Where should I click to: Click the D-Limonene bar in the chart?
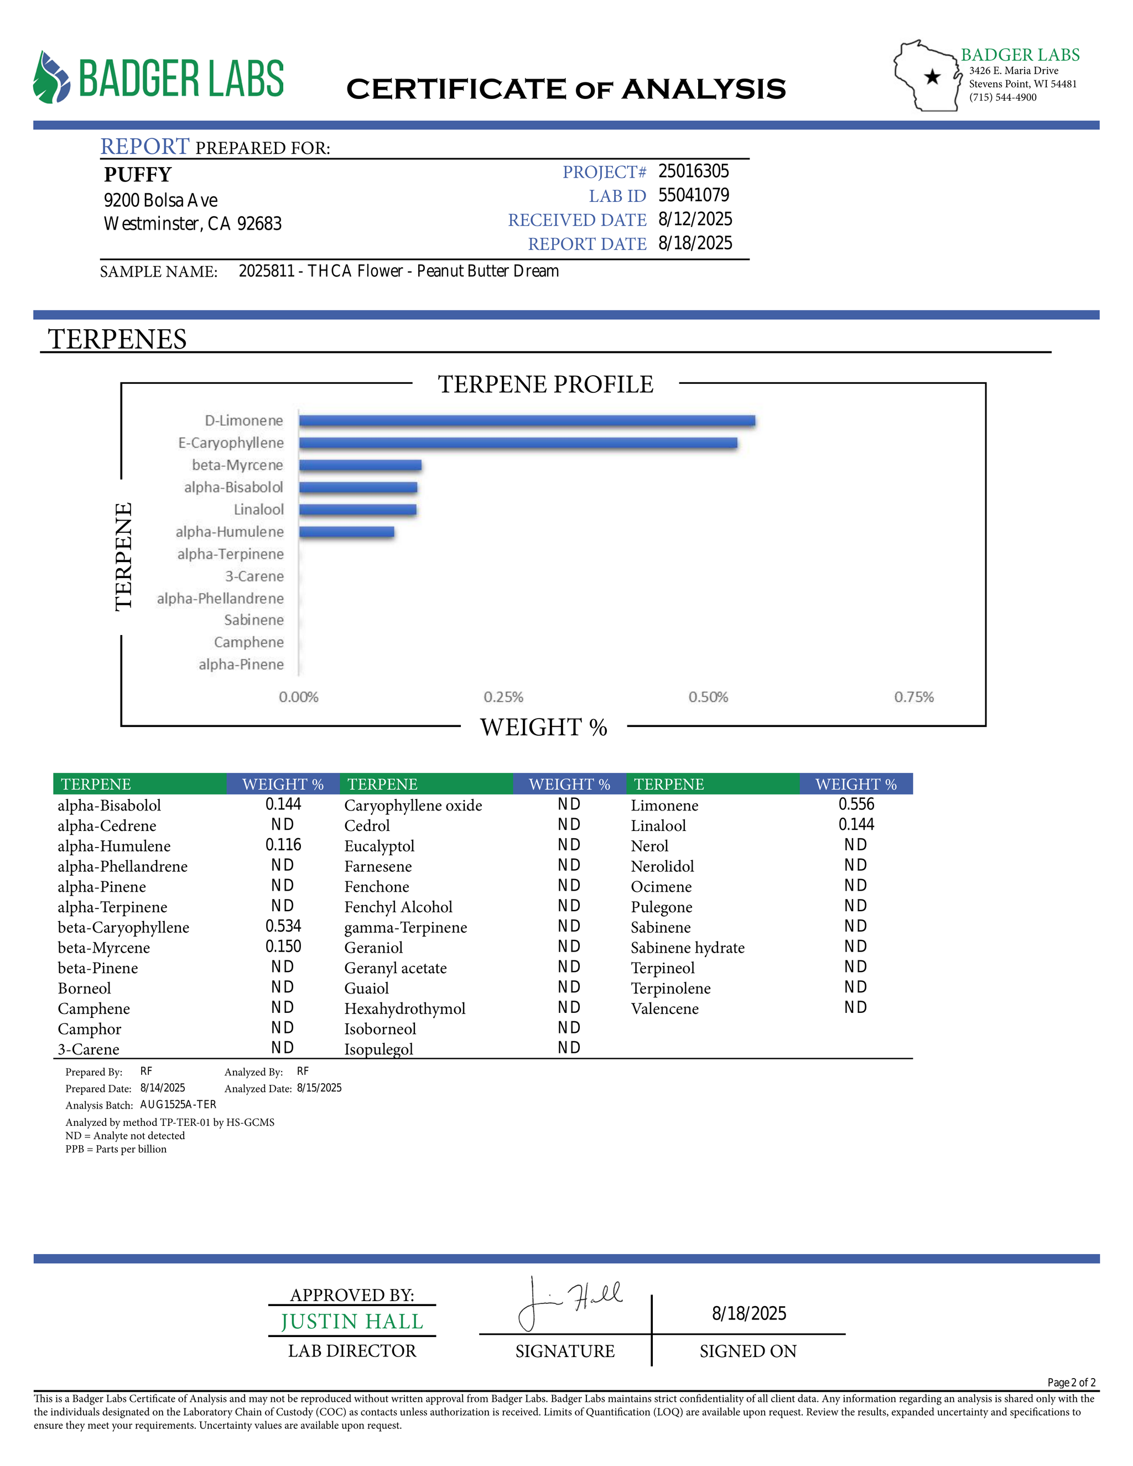527,421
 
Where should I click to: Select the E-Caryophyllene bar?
517,443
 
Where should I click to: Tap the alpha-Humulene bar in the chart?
346,532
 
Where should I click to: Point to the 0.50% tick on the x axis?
708,698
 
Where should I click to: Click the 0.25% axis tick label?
503,698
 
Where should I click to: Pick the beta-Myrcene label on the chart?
237,465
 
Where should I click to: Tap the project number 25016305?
693,172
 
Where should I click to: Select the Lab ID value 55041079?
693,195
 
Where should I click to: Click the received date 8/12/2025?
695,220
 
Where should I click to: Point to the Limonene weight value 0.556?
856,804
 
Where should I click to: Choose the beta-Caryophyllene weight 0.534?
283,926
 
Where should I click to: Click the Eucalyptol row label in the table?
379,846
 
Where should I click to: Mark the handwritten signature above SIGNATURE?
570,1303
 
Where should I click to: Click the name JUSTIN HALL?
352,1321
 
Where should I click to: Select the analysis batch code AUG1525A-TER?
178,1105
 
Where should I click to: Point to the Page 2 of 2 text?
1071,1383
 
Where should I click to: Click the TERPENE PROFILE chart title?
545,384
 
